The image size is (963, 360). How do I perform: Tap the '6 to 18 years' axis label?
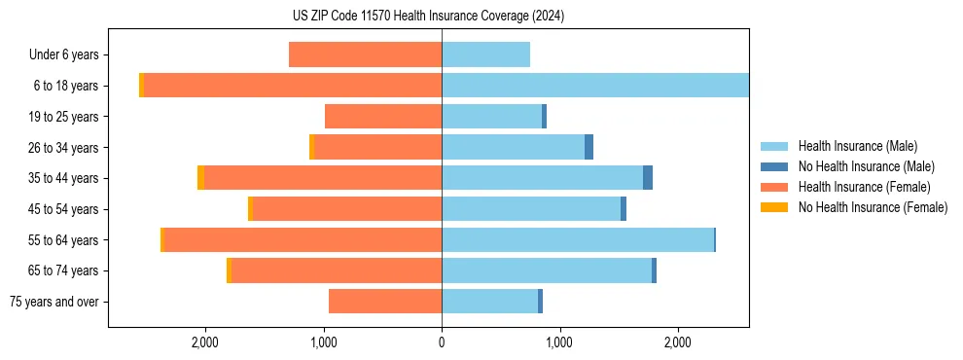point(65,86)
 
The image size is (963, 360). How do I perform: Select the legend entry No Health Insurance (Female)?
point(873,207)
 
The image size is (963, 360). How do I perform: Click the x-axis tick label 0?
point(442,342)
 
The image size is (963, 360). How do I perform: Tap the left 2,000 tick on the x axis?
point(205,342)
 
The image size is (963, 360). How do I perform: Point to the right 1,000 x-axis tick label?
point(559,342)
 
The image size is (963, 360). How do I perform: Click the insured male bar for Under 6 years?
point(485,55)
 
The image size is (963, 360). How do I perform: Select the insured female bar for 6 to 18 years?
point(292,86)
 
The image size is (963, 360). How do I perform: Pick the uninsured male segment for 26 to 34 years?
point(588,148)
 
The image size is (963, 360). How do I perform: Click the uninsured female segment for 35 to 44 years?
point(200,178)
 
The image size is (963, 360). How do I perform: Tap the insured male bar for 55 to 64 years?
point(578,240)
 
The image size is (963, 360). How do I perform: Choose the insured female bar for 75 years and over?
point(385,302)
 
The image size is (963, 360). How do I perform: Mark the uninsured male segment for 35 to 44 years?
point(648,178)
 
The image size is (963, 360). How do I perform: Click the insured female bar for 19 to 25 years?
point(383,117)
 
